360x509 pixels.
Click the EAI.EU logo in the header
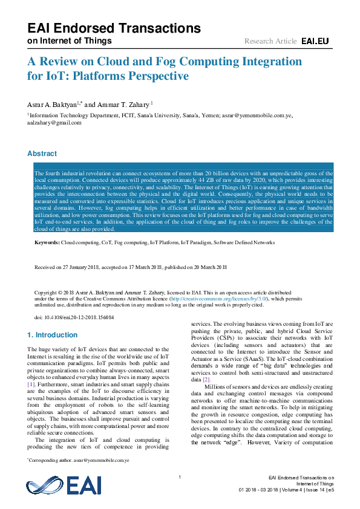(315, 41)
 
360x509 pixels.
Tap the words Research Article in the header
(270, 41)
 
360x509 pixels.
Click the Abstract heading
(42, 154)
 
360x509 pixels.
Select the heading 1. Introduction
(53, 334)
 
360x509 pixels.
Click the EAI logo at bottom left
(64, 486)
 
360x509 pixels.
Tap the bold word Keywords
(47, 242)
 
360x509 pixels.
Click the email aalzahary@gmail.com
(54, 123)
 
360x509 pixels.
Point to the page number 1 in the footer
(180, 478)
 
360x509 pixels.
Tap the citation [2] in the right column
(206, 379)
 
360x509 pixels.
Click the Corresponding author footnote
(79, 460)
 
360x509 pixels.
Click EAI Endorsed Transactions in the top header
(114, 28)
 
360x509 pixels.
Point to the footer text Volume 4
(295, 490)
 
